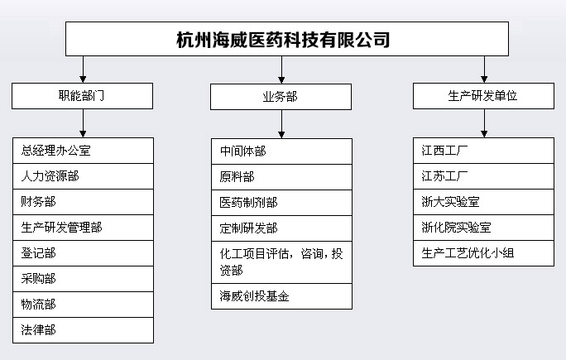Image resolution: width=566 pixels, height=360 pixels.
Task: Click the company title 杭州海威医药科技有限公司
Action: point(283,40)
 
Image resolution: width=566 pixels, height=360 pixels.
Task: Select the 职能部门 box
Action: point(82,96)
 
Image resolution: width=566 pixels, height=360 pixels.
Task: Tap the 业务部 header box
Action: point(281,97)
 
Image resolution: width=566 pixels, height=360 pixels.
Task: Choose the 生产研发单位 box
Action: point(483,96)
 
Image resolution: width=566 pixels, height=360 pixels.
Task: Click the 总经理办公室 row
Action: point(83,151)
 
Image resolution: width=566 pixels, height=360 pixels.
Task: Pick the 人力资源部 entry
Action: point(83,176)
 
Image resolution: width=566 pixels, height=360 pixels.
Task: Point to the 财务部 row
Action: point(83,202)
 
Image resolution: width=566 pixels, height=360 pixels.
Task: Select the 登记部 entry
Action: point(83,253)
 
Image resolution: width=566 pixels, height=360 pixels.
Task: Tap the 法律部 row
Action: point(83,330)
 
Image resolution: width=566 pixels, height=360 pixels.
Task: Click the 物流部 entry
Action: point(83,305)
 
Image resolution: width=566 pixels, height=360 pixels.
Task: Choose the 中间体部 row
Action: point(281,151)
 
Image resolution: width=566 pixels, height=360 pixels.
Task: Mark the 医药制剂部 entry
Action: point(281,203)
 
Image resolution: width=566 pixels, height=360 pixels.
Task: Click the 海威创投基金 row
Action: point(281,296)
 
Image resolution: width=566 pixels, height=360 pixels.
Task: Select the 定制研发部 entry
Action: point(281,228)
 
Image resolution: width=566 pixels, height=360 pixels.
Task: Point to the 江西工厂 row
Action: point(483,151)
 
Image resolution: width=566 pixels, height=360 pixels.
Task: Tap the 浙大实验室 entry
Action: point(483,202)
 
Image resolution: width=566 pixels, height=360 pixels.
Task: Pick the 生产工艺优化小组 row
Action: point(483,253)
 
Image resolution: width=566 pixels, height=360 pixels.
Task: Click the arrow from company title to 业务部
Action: point(281,70)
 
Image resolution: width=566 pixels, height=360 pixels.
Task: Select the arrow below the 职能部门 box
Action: point(83,123)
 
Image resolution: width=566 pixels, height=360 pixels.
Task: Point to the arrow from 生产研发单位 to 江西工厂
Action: point(484,123)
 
